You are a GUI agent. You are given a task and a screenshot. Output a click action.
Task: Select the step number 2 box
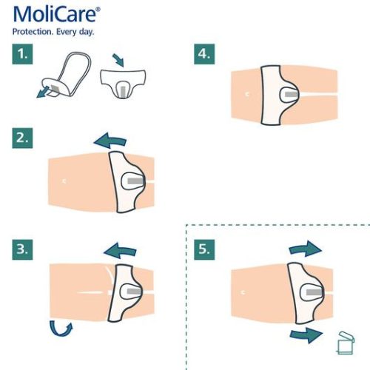pyautogui.click(x=24, y=137)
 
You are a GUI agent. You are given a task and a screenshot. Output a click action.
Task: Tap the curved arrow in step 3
pyautogui.click(x=61, y=327)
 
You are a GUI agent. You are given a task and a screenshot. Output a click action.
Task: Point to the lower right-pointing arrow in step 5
pyautogui.click(x=305, y=337)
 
